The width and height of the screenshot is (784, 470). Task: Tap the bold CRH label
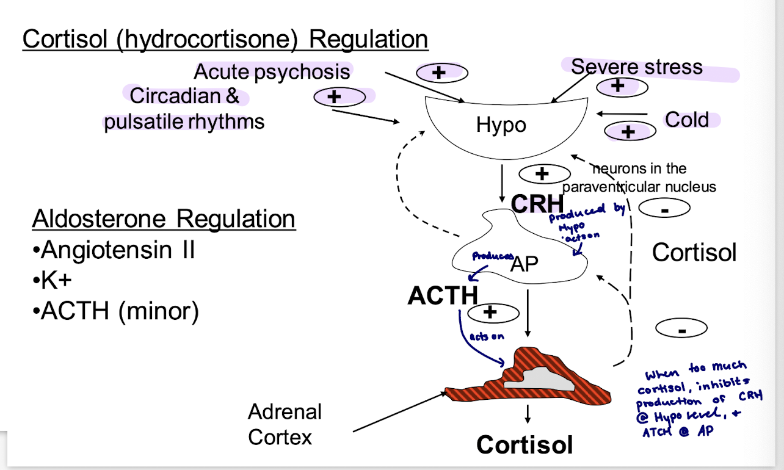tap(537, 204)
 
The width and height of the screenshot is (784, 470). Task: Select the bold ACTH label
tap(443, 296)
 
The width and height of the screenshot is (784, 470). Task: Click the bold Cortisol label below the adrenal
tap(524, 445)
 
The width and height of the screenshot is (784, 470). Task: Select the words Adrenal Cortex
tap(285, 424)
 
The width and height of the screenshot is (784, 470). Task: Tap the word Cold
tap(687, 120)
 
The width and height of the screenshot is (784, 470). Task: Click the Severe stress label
tap(637, 67)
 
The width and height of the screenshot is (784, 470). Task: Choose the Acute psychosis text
tap(272, 72)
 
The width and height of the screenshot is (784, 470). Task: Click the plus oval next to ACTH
tap(492, 313)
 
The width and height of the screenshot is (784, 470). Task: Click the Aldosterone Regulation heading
tap(164, 219)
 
